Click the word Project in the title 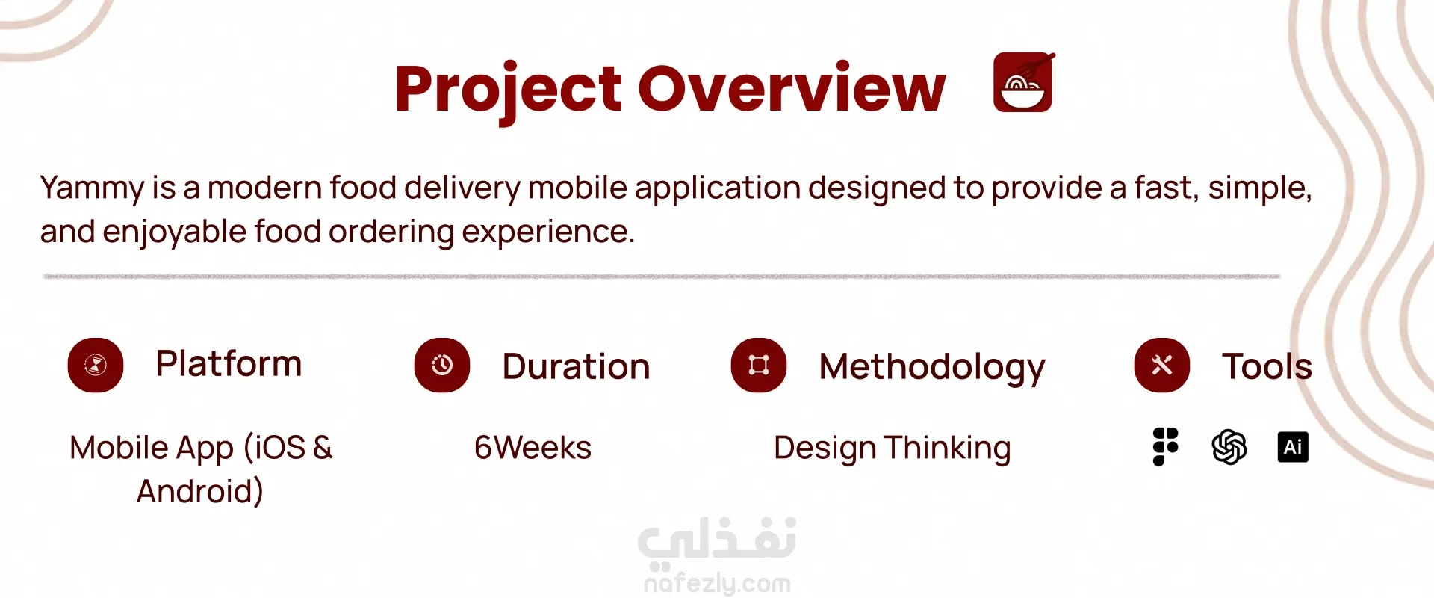click(508, 91)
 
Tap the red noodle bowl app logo click(1023, 82)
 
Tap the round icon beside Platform click(96, 366)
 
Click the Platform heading click(229, 364)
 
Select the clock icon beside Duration click(442, 366)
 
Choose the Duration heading click(576, 366)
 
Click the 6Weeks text click(533, 448)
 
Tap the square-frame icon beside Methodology click(759, 366)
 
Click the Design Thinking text click(893, 449)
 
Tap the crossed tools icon click(1162, 366)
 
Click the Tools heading click(1267, 366)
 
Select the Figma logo click(1165, 447)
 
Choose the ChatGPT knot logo click(1229, 447)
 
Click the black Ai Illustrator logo click(1293, 447)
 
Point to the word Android click(200, 492)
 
